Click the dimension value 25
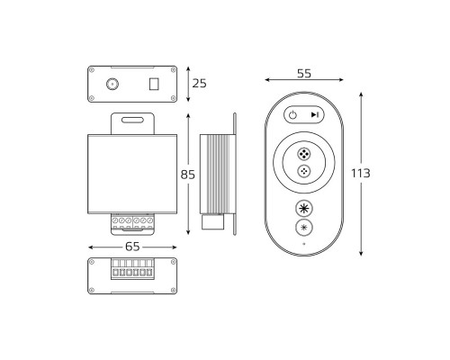tap(200, 84)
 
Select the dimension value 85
tap(188, 175)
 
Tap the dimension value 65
tap(132, 247)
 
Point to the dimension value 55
tap(304, 74)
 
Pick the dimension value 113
tap(361, 173)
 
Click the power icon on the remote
tap(292, 114)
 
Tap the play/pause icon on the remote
tap(315, 114)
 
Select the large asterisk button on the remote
tap(304, 208)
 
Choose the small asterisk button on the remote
tap(304, 228)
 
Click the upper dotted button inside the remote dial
tap(304, 154)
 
